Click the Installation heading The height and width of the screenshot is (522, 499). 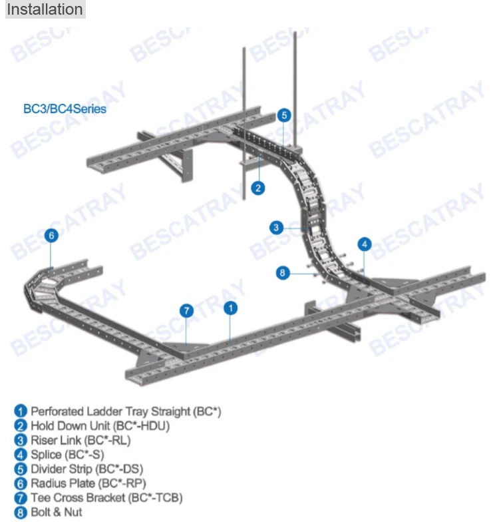pyautogui.click(x=45, y=9)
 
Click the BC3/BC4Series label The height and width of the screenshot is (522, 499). pyautogui.click(x=65, y=109)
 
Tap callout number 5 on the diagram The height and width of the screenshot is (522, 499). pyautogui.click(x=284, y=115)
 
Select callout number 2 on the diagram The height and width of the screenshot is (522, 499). pyautogui.click(x=258, y=188)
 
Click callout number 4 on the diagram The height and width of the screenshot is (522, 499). pyautogui.click(x=364, y=244)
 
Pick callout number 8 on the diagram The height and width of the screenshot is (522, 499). pyautogui.click(x=282, y=272)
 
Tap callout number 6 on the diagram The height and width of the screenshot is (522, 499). pyautogui.click(x=51, y=235)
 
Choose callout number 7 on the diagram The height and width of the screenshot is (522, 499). pyautogui.click(x=187, y=310)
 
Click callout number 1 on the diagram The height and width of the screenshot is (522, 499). pyautogui.click(x=230, y=308)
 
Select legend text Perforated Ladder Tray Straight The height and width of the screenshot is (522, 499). pyautogui.click(x=125, y=411)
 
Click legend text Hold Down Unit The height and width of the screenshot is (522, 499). pyautogui.click(x=100, y=426)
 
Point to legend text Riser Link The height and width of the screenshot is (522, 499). pyautogui.click(x=81, y=440)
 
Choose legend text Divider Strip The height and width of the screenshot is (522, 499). pyautogui.click(x=86, y=469)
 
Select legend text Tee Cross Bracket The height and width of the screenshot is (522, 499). pyautogui.click(x=106, y=497)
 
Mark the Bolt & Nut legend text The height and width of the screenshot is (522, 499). pyautogui.click(x=57, y=512)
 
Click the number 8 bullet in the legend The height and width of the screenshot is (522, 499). pyautogui.click(x=21, y=512)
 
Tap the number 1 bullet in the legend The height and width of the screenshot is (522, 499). pyautogui.click(x=21, y=411)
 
